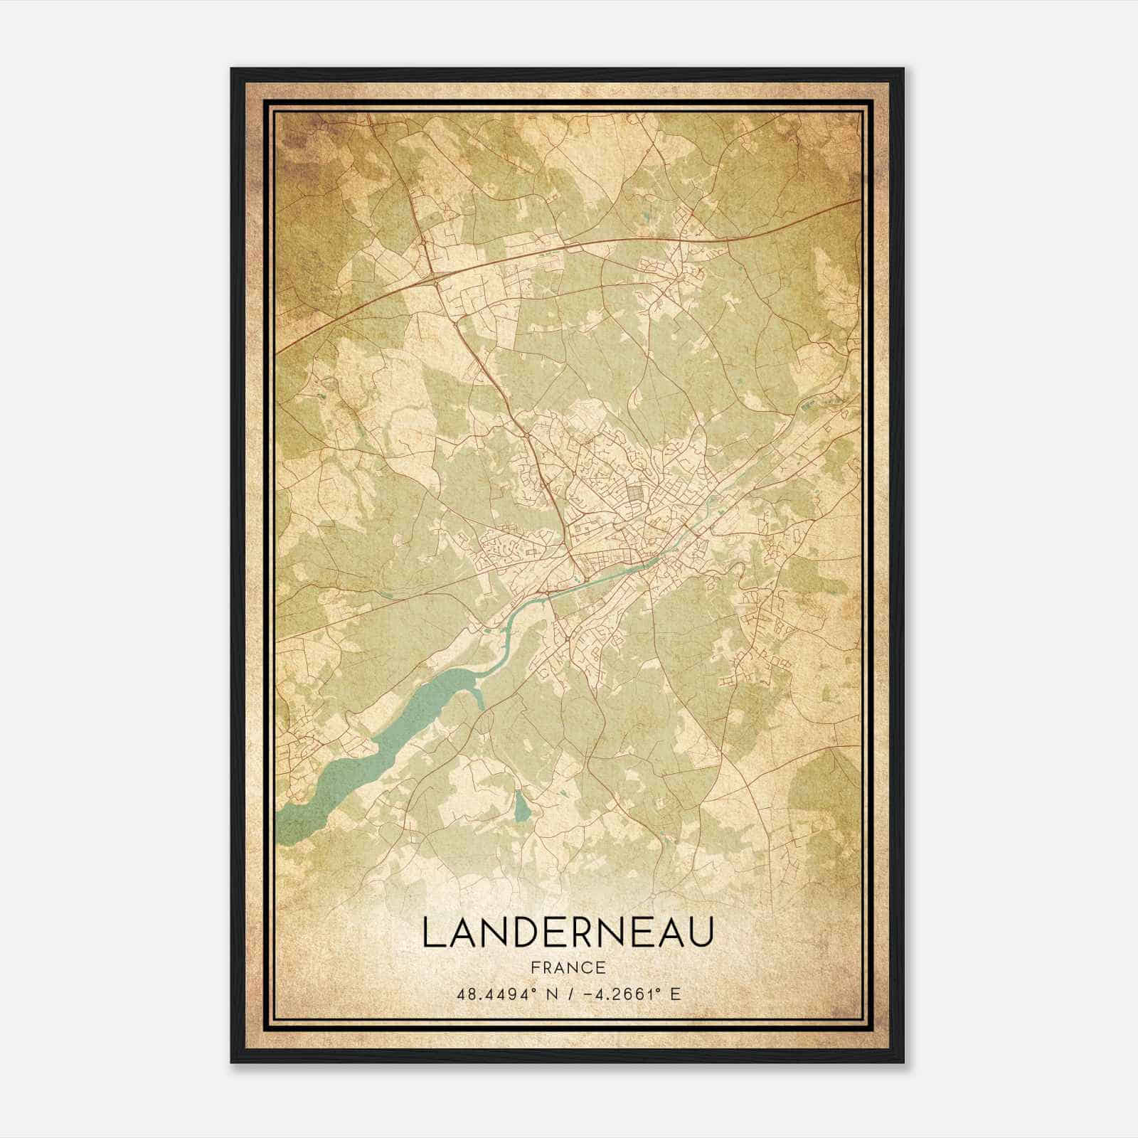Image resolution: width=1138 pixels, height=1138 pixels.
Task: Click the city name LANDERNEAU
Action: [x=567, y=932]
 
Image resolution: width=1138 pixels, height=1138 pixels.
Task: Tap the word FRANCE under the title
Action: [x=567, y=967]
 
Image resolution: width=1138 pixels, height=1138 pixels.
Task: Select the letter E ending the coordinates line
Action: [x=675, y=994]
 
